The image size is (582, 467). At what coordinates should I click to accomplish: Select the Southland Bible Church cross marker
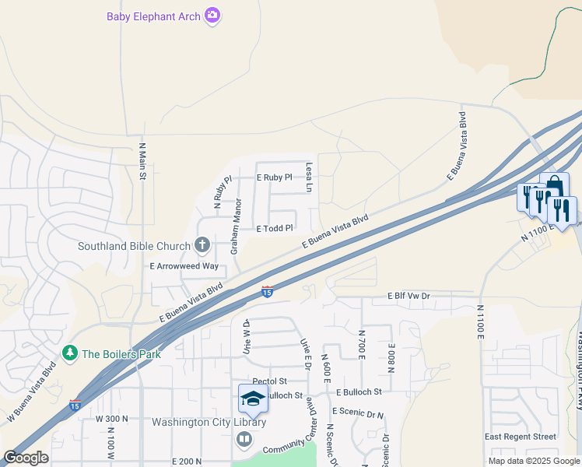coord(202,246)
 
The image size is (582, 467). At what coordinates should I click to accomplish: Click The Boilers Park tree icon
coord(71,353)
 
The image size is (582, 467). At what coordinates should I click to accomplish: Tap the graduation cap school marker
coord(253,399)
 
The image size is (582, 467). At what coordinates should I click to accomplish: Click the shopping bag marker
coord(554,186)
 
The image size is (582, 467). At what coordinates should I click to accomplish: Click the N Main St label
coord(143,161)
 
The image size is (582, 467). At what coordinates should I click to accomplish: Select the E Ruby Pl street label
coord(274,177)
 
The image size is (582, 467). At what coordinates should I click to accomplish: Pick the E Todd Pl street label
coord(275,228)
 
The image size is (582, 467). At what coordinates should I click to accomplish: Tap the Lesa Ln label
coord(309,177)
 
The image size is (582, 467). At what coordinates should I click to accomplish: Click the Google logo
coord(26,458)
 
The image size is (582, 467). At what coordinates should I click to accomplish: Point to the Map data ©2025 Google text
coord(533,461)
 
